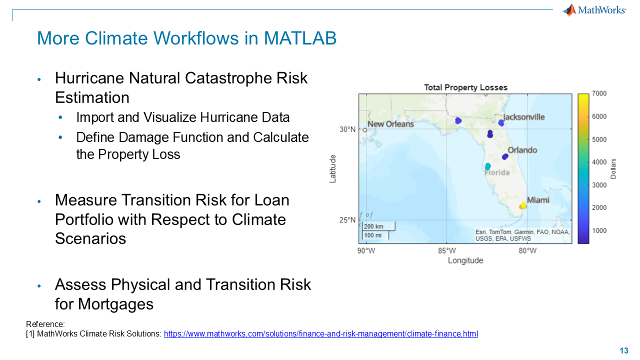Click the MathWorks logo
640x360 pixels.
click(x=594, y=10)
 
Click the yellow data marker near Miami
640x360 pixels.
click(x=522, y=205)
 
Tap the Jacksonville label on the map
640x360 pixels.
click(x=523, y=117)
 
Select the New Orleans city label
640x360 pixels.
click(x=390, y=124)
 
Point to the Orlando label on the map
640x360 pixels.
click(x=522, y=150)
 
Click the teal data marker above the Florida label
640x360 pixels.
click(x=487, y=166)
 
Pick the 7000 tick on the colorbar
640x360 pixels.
click(x=599, y=93)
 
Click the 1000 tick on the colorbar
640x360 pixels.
click(x=599, y=230)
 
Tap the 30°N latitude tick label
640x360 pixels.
click(x=347, y=129)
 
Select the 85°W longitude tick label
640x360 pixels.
click(x=447, y=251)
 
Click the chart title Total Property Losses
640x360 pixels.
click(x=465, y=87)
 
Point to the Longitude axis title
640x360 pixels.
click(x=465, y=260)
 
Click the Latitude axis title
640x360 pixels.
click(x=332, y=169)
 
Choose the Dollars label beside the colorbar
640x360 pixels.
click(x=613, y=169)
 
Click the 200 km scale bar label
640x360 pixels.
click(x=373, y=226)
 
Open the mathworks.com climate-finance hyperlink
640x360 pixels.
click(x=321, y=333)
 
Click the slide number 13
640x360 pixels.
click(x=624, y=350)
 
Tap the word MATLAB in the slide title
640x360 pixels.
click(x=300, y=38)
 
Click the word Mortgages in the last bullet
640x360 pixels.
click(x=115, y=304)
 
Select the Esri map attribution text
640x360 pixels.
click(x=522, y=235)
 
